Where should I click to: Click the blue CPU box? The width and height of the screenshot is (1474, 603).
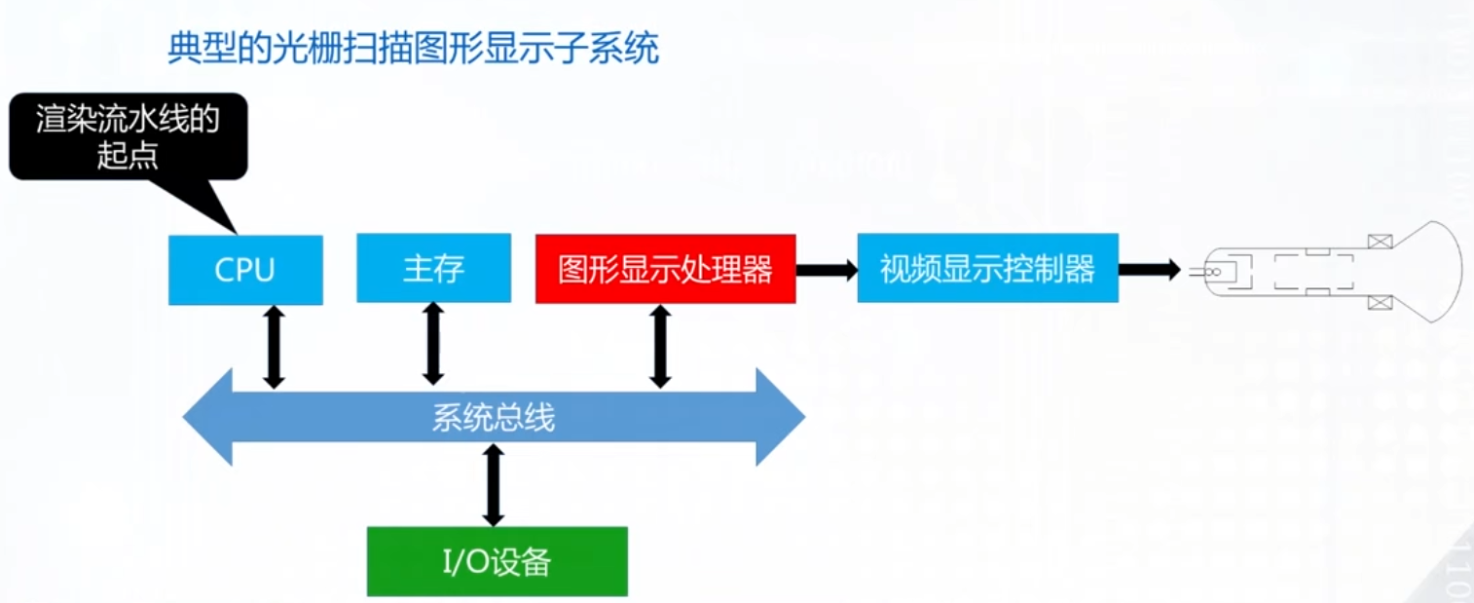click(245, 270)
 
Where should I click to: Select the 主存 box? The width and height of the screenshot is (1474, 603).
click(433, 268)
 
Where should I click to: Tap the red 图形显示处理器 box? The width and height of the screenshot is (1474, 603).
click(665, 269)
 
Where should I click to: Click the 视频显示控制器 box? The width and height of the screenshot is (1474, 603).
click(988, 268)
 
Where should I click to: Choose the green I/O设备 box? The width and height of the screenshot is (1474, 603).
click(497, 561)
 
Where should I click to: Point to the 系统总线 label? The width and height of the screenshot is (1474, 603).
click(494, 417)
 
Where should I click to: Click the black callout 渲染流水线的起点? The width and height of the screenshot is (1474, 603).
click(129, 136)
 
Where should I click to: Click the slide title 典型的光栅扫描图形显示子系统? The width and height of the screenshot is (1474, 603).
click(413, 48)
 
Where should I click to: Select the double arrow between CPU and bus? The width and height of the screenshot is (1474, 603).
click(274, 347)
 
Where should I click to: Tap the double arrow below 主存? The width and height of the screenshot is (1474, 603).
click(432, 344)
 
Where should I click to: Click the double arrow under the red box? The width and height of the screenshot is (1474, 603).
click(660, 346)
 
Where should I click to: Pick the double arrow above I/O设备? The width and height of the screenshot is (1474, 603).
click(493, 485)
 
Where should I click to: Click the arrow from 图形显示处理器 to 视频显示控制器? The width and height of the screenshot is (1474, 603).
click(828, 270)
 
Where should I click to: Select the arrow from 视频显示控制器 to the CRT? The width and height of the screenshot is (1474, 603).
click(1150, 270)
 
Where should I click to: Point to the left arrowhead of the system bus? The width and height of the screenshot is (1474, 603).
click(208, 417)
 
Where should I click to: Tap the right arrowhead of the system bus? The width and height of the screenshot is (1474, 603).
click(781, 417)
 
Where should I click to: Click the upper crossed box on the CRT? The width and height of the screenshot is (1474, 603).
click(1380, 242)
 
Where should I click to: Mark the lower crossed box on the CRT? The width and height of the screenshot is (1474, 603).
click(1380, 303)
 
